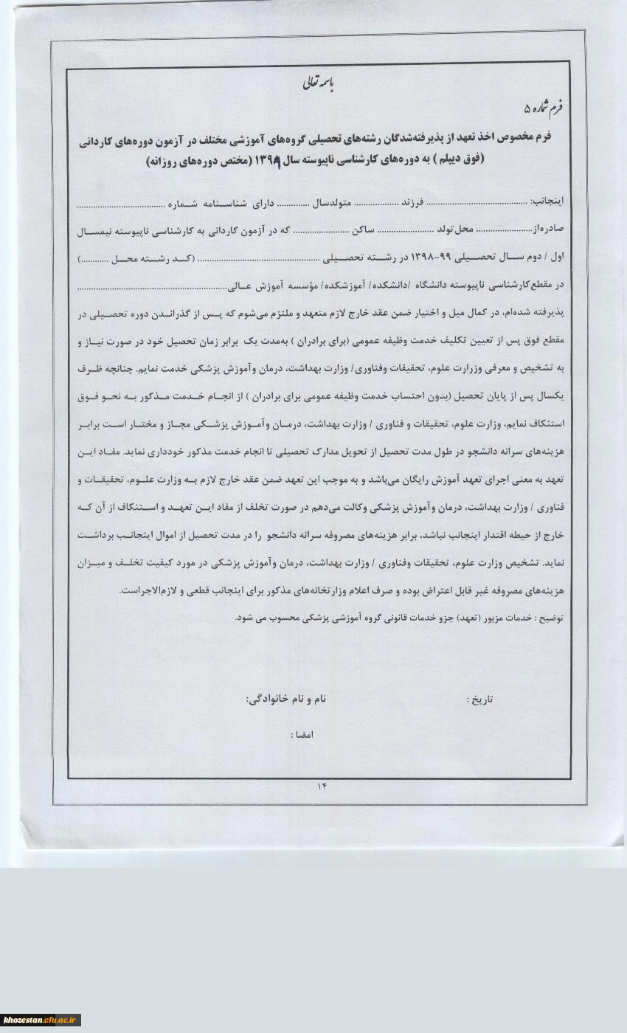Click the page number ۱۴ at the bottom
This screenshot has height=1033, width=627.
point(322,785)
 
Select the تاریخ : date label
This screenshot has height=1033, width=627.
point(479,699)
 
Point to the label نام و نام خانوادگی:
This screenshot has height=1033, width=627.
point(285,697)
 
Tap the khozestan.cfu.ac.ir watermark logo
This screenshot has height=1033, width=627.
point(41,1020)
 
